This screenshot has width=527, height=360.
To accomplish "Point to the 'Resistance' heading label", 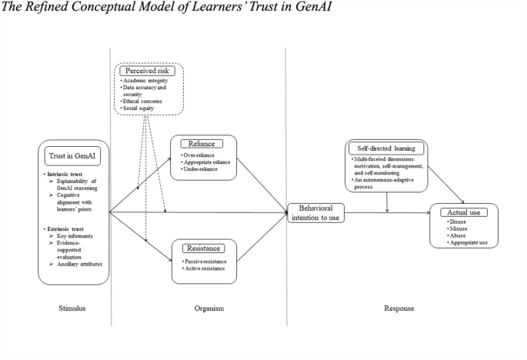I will (203, 248).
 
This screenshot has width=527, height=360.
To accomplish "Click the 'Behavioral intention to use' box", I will (317, 212).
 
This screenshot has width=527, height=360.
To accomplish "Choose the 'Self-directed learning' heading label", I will (386, 146).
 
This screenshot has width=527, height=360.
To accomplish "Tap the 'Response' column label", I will (399, 308).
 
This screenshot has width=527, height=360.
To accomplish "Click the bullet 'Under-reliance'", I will (202, 168).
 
